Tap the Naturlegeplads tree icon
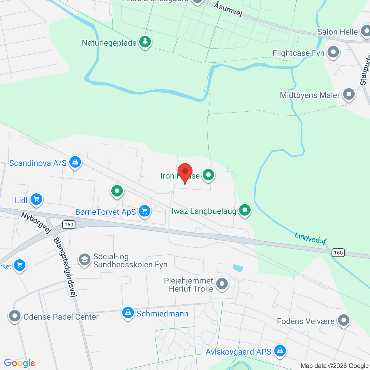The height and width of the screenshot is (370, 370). [145, 41]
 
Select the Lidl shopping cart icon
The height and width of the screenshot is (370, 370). [36, 199]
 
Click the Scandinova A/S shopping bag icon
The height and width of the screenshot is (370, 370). [75, 162]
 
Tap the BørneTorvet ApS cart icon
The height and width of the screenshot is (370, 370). [144, 211]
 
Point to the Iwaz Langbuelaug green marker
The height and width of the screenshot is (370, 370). [245, 210]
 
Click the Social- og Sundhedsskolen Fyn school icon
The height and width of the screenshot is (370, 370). [84, 260]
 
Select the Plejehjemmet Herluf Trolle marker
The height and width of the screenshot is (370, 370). [222, 284]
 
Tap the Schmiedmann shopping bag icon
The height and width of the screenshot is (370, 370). [128, 313]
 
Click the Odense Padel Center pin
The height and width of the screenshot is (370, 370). [14, 316]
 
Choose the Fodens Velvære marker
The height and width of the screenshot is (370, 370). [343, 320]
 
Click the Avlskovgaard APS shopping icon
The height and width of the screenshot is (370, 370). [280, 351]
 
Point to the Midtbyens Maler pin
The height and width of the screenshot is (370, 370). [349, 94]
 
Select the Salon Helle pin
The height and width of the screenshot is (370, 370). [366, 31]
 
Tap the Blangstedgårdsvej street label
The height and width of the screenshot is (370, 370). [65, 267]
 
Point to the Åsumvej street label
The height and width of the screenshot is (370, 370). [228, 10]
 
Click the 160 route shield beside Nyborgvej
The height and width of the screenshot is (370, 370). [69, 224]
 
